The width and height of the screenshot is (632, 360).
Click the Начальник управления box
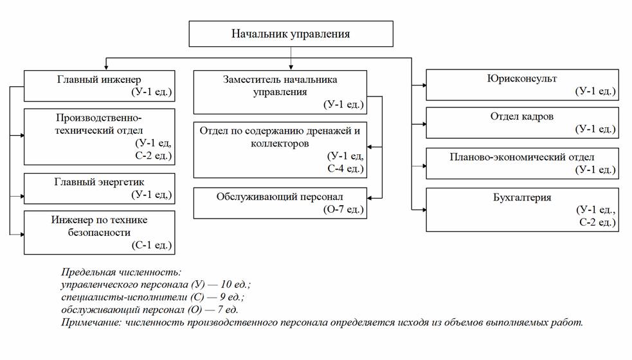click(291, 33)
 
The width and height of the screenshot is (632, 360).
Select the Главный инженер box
click(99, 85)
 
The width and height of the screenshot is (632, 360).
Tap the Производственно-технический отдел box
click(99, 137)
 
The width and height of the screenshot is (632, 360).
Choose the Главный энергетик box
click(99, 187)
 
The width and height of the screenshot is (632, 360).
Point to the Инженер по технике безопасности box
click(99, 232)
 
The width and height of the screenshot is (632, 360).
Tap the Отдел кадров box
click(522, 123)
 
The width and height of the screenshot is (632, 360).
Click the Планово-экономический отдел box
click(522, 163)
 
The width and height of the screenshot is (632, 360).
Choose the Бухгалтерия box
click(522, 210)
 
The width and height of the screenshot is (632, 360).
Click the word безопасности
click(99, 232)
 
